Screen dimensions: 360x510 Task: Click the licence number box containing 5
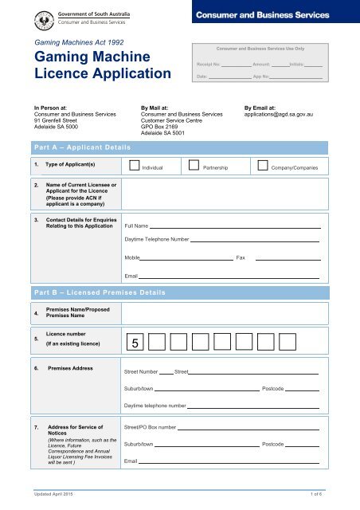[x=135, y=343]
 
